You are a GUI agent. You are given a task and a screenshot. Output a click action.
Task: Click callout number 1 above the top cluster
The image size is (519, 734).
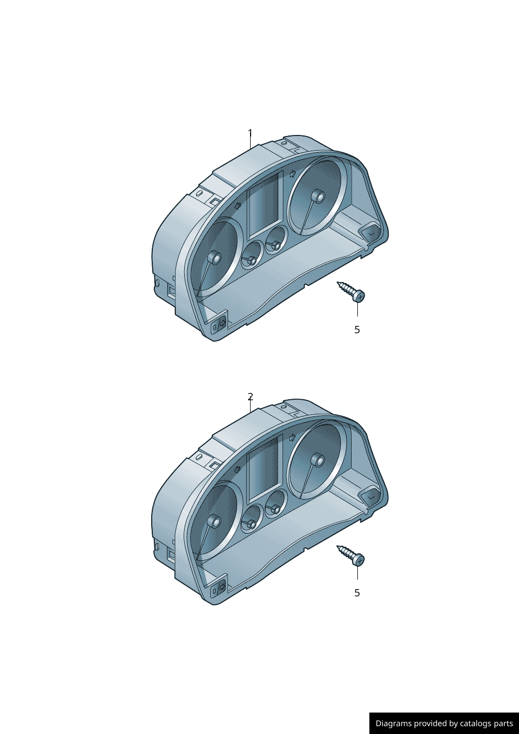coord(250,133)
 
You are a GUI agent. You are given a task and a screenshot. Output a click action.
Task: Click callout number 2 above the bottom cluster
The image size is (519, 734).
coord(250,397)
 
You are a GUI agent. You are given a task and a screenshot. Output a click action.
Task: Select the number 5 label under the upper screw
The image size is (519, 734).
coord(357,330)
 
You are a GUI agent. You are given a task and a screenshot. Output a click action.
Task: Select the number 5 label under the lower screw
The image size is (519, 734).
coord(357,593)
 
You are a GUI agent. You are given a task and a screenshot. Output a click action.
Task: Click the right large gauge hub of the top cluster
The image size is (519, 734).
coord(318,197)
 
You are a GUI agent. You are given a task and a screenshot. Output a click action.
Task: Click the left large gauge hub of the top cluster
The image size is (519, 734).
coord(214,258)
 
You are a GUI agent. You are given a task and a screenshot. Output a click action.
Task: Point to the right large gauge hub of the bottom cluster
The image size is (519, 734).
coord(318,460)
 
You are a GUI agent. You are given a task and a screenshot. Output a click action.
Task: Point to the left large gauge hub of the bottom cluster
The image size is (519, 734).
coord(214,522)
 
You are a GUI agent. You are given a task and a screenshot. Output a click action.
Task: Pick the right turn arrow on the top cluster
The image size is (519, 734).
coord(292,173)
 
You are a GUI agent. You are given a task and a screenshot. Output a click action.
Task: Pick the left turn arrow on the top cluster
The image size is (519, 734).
coord(238,205)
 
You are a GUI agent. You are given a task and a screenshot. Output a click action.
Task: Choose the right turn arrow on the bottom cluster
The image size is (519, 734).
coord(292,437)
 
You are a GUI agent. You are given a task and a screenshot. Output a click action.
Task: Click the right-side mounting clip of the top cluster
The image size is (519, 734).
coord(371,232)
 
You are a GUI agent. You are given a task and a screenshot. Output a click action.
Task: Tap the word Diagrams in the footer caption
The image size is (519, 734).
coord(393,724)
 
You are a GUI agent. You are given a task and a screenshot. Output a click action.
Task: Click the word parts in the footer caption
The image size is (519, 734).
coord(503,724)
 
